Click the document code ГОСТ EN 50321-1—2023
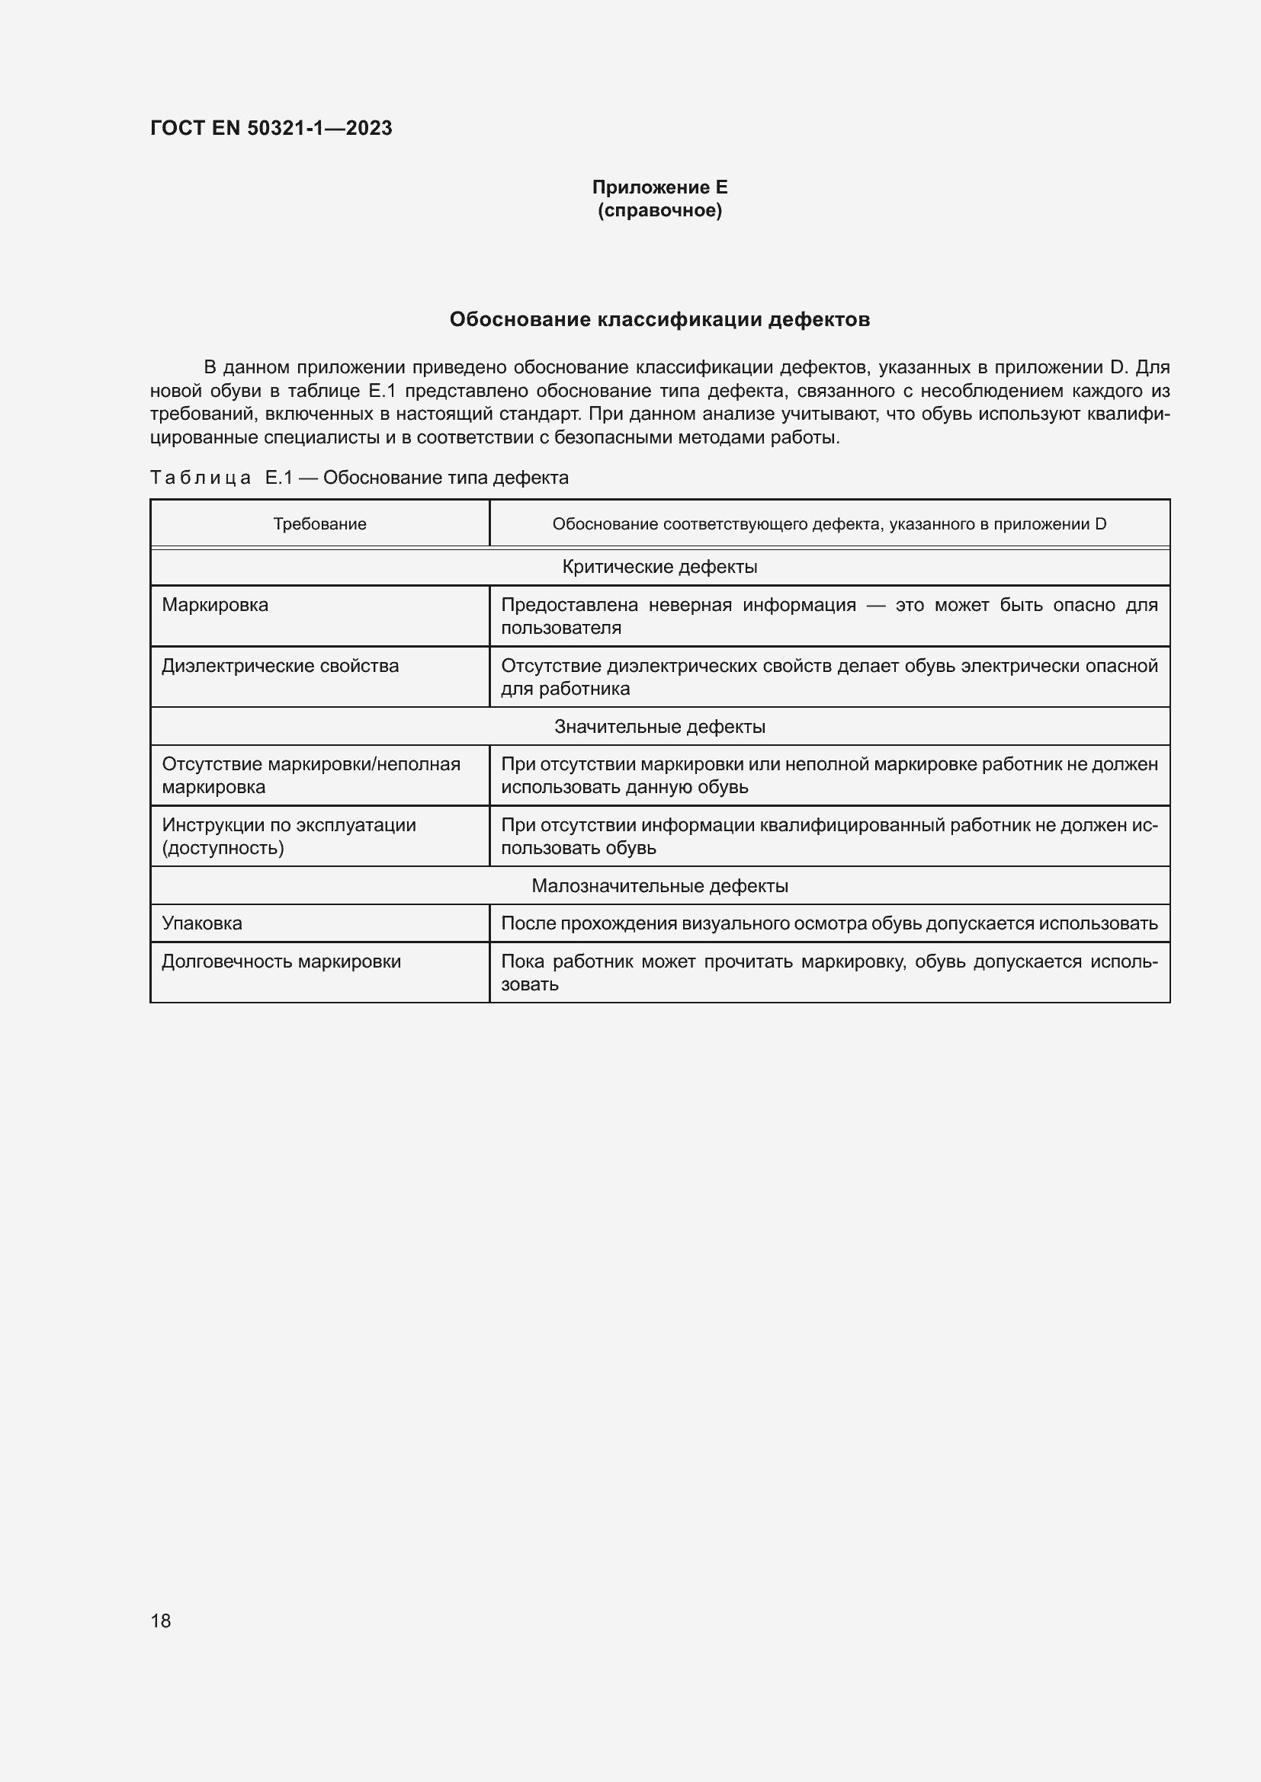[x=271, y=128]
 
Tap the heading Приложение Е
[x=659, y=187]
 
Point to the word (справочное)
[x=659, y=210]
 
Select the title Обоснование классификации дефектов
[x=659, y=319]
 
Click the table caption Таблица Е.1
[x=359, y=478]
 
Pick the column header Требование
[x=319, y=524]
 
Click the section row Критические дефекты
[x=659, y=567]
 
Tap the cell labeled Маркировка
[x=215, y=605]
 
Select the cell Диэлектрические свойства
[x=281, y=665]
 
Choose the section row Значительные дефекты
[x=659, y=727]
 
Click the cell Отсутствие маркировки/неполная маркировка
[x=310, y=776]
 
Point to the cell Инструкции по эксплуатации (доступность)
[x=289, y=836]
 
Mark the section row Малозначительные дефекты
[x=659, y=885]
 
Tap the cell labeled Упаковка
[x=202, y=923]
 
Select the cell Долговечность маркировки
[x=281, y=961]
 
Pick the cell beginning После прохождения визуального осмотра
[x=829, y=923]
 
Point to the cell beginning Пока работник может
[x=829, y=972]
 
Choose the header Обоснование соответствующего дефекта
[x=829, y=524]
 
